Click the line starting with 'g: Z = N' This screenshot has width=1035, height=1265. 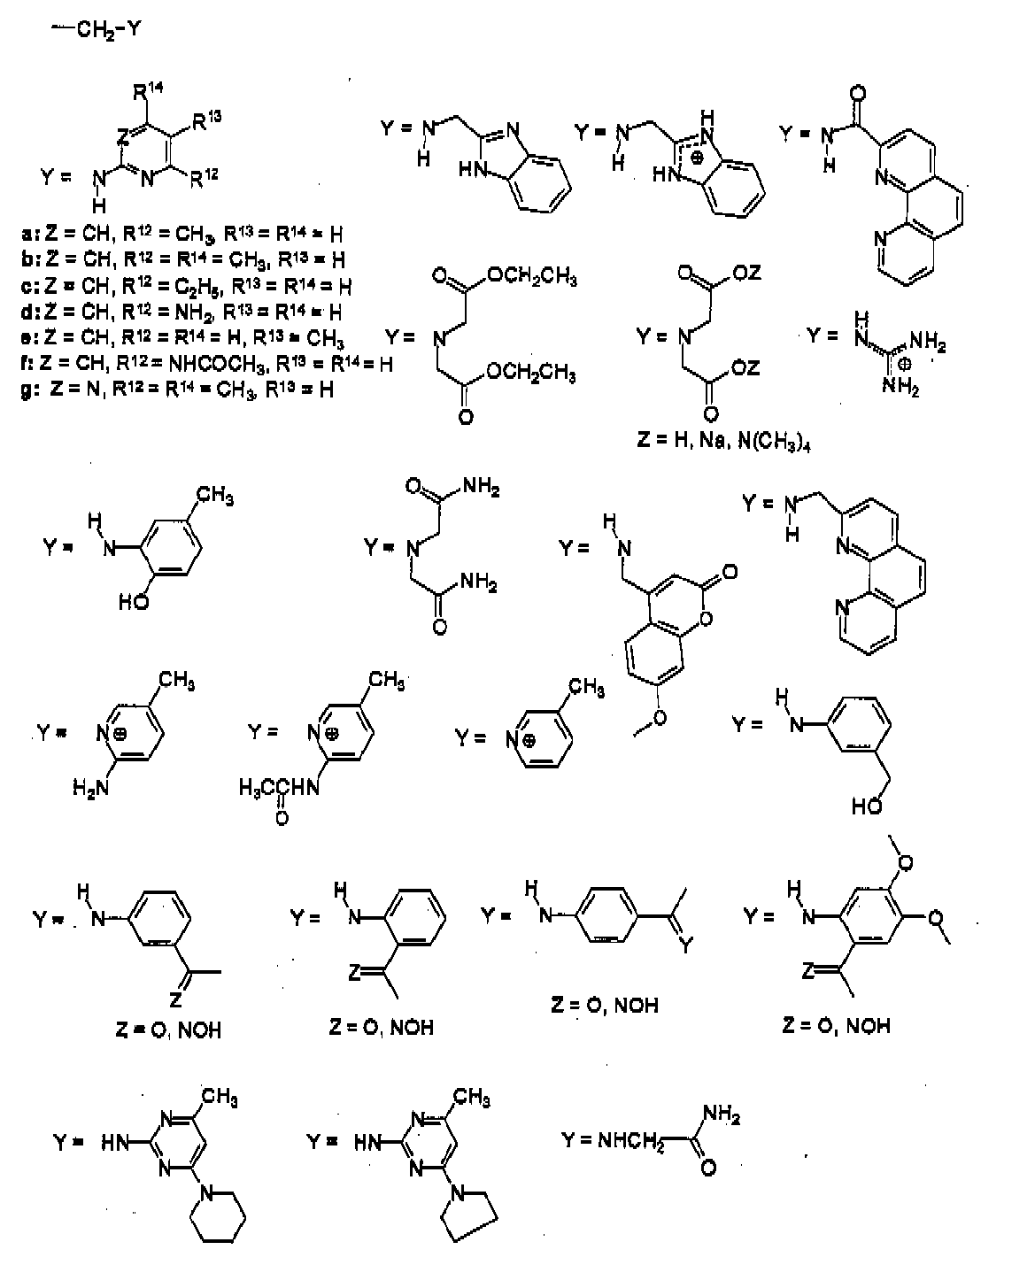178,389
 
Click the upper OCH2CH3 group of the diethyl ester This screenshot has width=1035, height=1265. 532,278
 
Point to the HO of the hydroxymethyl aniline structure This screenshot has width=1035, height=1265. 865,806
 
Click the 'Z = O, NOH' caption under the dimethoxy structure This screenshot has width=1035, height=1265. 836,1025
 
